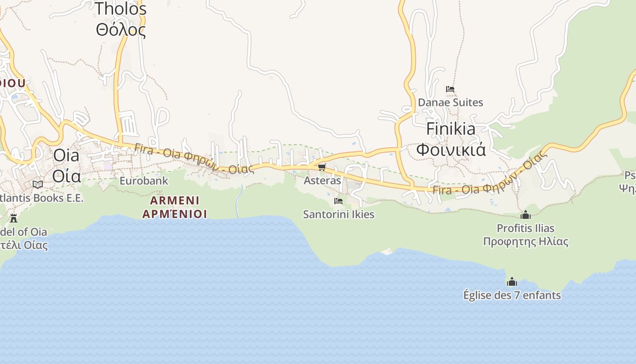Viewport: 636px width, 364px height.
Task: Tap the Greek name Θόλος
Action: coord(120,30)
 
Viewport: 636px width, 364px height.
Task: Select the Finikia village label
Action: coord(451,129)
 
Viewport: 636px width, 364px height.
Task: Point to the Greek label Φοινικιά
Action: coord(451,149)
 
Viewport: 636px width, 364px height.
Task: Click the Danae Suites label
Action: coord(450,102)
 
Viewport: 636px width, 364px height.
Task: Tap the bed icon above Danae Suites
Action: coord(450,89)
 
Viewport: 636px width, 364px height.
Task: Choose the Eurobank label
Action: coord(144,181)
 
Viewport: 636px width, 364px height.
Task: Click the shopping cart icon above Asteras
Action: coord(322,167)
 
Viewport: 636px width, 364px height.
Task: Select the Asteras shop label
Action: coord(322,181)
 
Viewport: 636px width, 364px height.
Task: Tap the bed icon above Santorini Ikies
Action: coord(338,201)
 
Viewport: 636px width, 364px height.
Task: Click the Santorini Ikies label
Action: coord(338,214)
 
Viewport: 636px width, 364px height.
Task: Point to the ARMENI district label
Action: coord(174,201)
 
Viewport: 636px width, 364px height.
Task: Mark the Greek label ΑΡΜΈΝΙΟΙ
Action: coord(174,214)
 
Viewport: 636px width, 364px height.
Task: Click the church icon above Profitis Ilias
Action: coord(526,215)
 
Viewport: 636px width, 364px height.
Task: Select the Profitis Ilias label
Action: coord(526,228)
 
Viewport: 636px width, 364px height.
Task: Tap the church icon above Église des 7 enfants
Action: coord(512,282)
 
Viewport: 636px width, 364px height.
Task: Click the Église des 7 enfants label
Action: coord(512,295)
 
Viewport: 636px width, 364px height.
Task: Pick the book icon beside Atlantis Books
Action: coord(38,184)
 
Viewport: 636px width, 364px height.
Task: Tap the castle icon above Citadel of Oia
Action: coord(14,218)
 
